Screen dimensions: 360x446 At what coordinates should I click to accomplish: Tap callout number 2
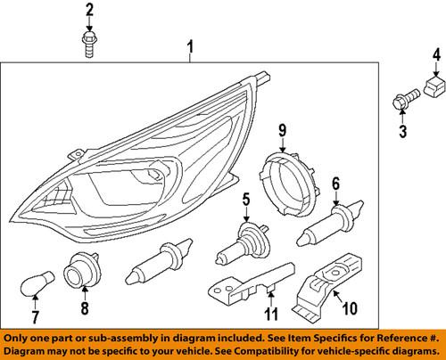[88, 11]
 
